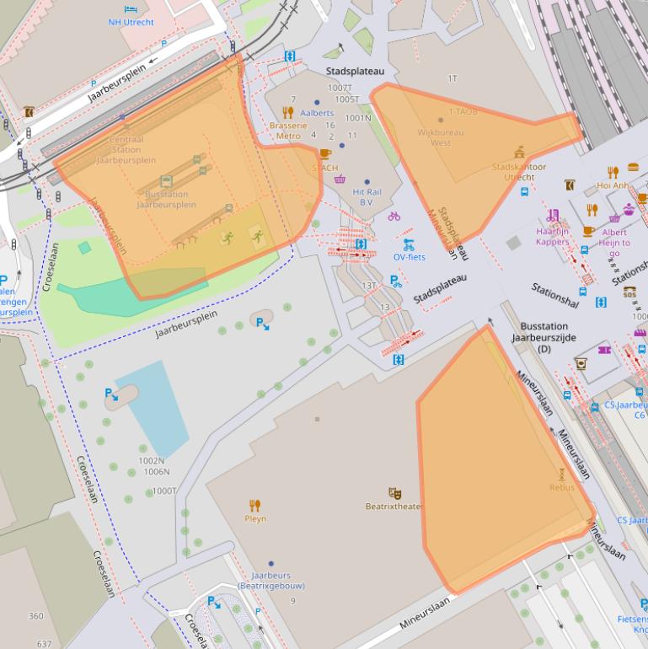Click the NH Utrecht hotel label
coord(131,22)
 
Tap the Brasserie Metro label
coord(288,131)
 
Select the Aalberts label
coord(317,113)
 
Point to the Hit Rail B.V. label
coord(367,197)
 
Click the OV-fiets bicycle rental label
coord(410,257)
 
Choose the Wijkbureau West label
coord(441,137)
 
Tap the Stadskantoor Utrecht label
coord(519,172)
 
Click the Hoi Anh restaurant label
coord(613,185)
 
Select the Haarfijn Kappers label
coord(552,236)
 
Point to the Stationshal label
coord(555,293)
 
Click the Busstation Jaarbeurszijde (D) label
coord(544,337)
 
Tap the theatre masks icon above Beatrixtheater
coord(394,493)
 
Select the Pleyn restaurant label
coord(254,519)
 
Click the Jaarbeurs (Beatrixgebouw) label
coord(271,580)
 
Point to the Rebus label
coord(562,487)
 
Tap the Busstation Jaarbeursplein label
coord(166,199)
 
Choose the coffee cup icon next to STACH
coord(325,154)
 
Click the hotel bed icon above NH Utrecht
coord(131,9)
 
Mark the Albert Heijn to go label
coord(614,242)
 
